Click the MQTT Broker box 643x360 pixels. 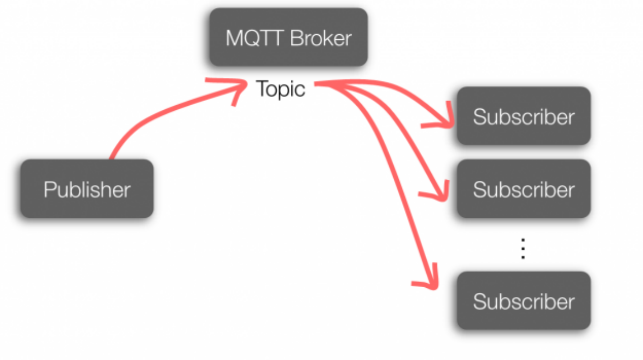pos(288,37)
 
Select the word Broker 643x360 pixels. pos(321,38)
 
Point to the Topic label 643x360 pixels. pos(280,89)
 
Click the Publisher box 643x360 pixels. pos(86,188)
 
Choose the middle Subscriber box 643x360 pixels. pos(524,188)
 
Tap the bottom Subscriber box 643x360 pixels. pos(524,301)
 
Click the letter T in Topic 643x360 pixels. pos(262,88)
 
